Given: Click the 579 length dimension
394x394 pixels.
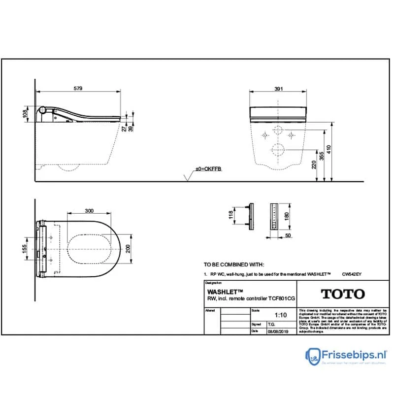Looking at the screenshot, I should tap(78, 88).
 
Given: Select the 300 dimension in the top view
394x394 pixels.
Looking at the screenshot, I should tap(89, 211).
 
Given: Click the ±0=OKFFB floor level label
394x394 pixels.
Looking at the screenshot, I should tap(209, 169).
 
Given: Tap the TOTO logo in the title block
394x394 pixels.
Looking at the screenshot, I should tap(343, 295).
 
